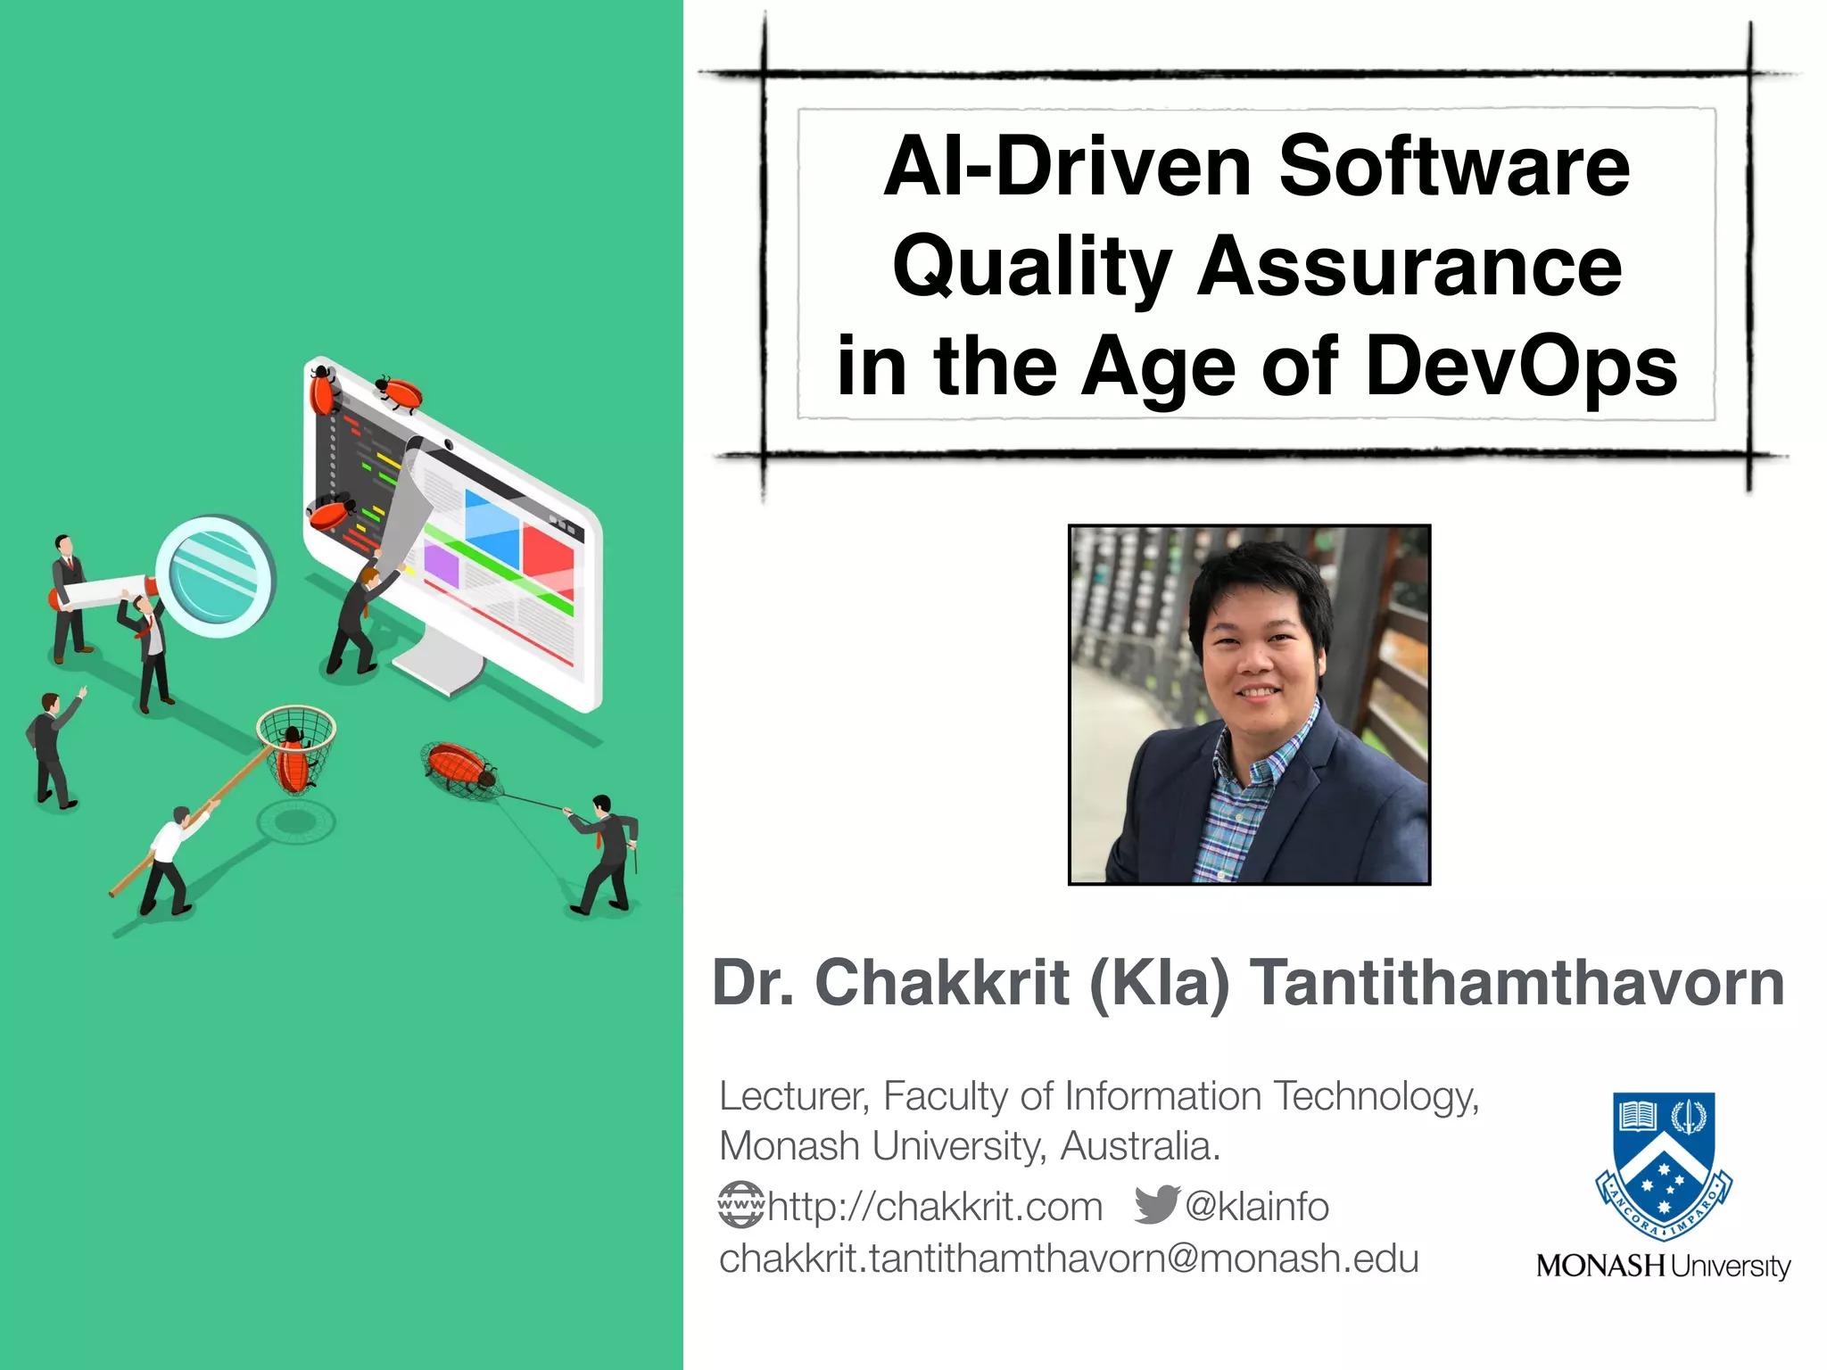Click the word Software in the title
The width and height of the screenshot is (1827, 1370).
click(1454, 167)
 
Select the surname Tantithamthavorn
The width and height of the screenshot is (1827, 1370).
click(1517, 983)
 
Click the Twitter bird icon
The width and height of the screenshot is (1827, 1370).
click(1156, 1205)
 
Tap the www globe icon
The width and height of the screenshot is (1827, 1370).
click(741, 1205)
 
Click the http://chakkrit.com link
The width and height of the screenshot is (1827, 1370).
click(935, 1207)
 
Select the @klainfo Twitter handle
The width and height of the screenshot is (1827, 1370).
click(1257, 1207)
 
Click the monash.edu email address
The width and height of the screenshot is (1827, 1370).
click(1068, 1259)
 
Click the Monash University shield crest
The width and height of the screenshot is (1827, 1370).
click(1663, 1164)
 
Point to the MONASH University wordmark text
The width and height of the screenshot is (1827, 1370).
click(1663, 1266)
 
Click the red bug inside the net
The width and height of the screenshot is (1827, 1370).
click(293, 763)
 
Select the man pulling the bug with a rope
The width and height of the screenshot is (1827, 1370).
click(607, 852)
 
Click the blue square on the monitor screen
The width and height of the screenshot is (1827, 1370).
click(492, 526)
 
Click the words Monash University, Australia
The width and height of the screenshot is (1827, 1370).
click(969, 1146)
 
